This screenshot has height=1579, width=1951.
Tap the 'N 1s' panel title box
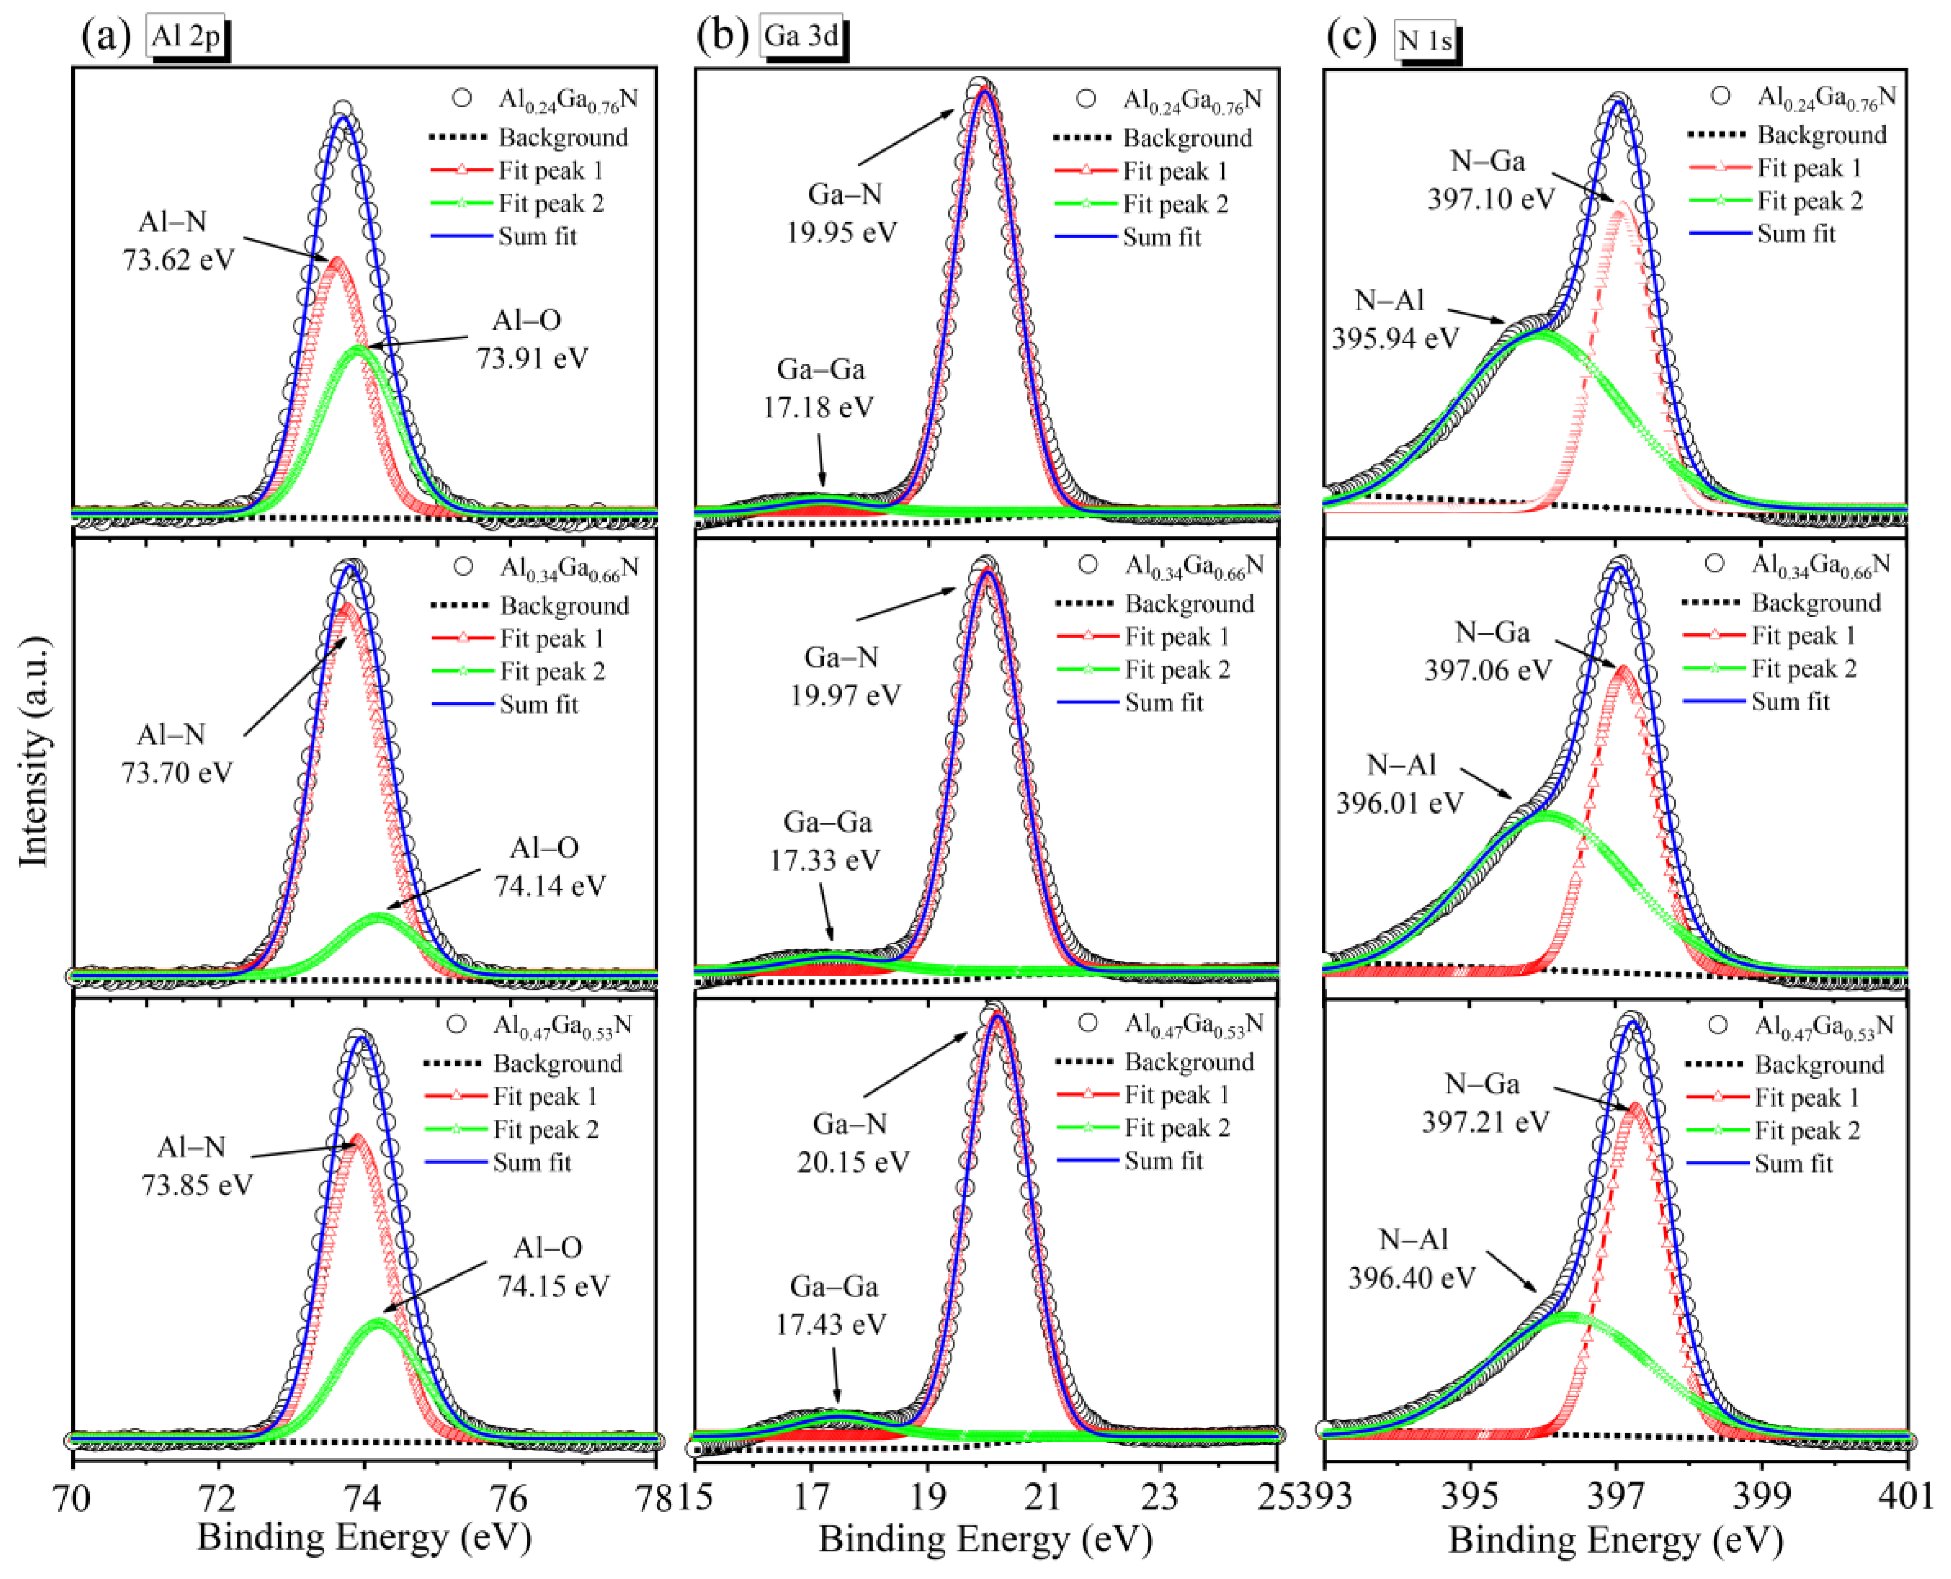coord(1424,40)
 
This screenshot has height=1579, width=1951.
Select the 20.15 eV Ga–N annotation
coord(852,1143)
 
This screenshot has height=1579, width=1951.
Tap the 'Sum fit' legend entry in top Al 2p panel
coord(536,236)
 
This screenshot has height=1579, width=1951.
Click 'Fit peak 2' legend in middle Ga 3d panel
coord(1177,669)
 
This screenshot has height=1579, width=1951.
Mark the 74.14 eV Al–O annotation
coord(547,867)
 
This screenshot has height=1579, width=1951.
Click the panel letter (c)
coord(1352,37)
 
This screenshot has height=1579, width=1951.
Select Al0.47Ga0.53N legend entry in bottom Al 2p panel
coord(561,1026)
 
